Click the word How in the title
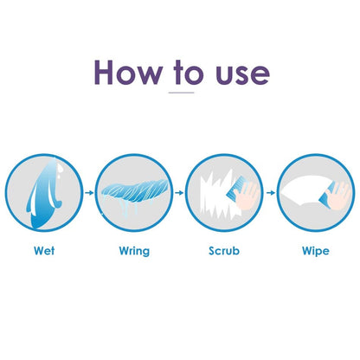pos(128,72)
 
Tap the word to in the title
pos(189,72)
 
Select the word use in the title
pos(243,75)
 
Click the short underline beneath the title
pos(181,93)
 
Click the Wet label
pos(44,250)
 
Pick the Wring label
pos(134,251)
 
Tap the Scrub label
pos(224,250)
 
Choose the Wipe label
pos(316,251)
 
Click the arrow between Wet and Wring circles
pos(90,192)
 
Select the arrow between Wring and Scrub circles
pos(179,192)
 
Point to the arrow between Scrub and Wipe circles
pos(271,192)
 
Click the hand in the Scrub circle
pos(247,196)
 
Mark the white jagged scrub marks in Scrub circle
pos(217,195)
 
